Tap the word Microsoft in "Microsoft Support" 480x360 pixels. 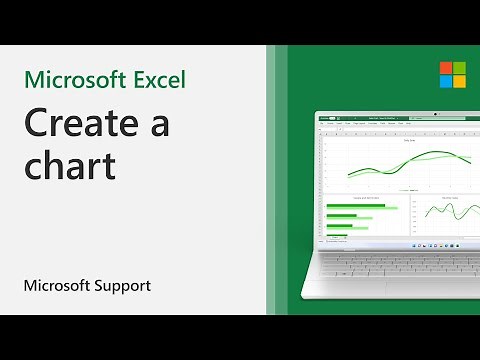(54, 286)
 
